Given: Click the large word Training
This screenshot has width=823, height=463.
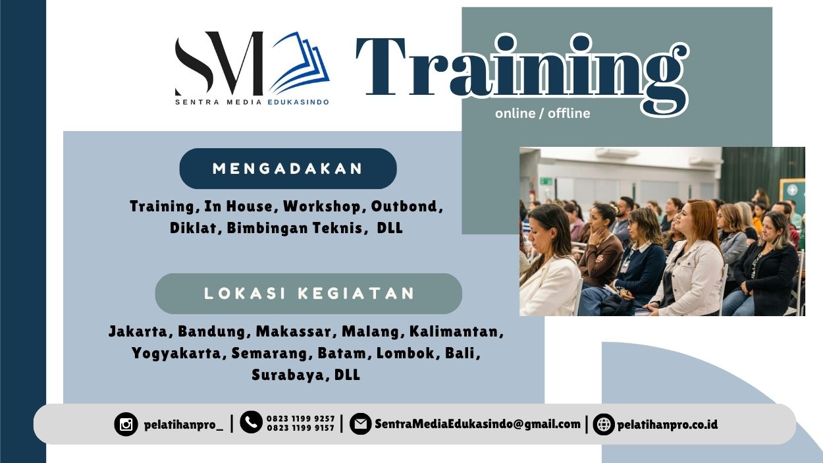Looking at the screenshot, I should (x=520, y=69).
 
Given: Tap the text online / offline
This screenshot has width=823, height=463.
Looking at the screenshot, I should (x=543, y=113).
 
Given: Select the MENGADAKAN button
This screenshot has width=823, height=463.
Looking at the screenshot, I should (x=288, y=169).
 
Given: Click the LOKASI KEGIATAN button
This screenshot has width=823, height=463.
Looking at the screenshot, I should (x=309, y=293).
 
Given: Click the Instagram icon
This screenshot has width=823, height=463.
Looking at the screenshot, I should (x=126, y=424).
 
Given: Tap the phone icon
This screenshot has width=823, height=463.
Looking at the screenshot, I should (x=251, y=422).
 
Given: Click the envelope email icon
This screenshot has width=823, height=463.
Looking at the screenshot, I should (x=360, y=424).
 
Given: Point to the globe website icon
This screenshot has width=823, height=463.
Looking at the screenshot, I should (x=603, y=424).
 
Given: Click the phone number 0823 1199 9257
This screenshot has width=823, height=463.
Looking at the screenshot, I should (x=300, y=419).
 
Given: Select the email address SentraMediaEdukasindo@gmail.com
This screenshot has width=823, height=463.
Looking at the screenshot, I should (x=477, y=424).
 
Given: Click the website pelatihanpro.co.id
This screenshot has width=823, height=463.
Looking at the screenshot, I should (x=667, y=424).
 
